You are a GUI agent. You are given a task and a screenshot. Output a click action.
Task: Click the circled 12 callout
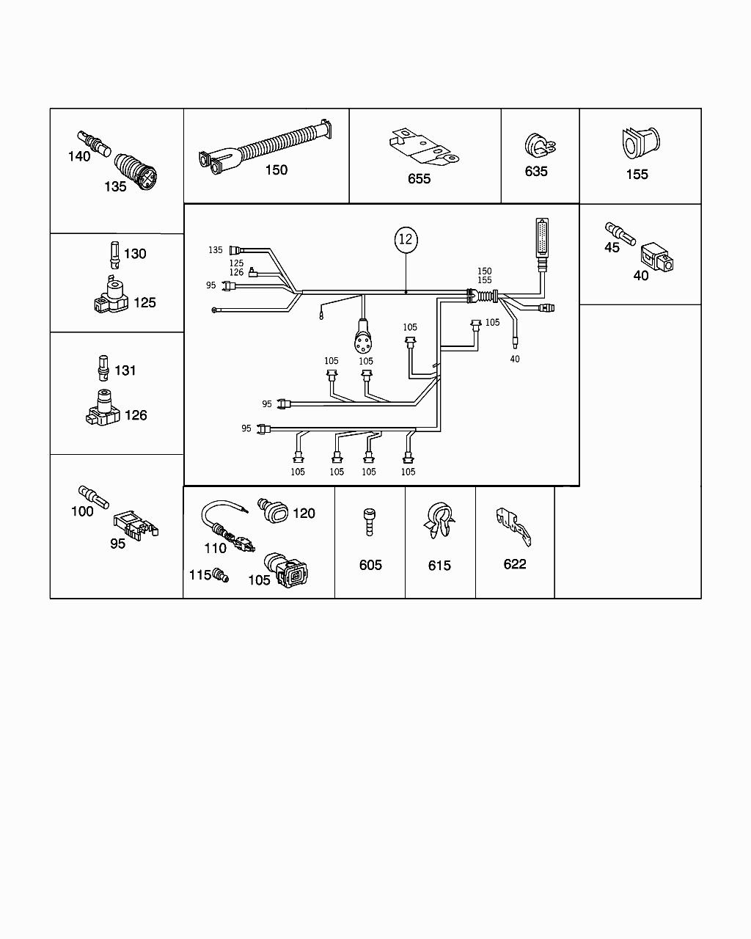406,239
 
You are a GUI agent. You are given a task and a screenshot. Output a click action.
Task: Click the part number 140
79,156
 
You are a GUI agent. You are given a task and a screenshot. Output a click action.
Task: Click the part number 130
135,254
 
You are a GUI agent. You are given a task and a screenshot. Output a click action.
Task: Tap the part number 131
125,370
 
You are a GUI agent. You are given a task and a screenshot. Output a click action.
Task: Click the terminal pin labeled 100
92,496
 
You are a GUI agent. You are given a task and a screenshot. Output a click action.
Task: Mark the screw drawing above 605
370,522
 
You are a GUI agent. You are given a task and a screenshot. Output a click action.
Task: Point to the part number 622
515,564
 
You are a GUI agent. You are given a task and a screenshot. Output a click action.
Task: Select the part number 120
304,514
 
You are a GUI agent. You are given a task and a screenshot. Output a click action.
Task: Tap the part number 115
200,575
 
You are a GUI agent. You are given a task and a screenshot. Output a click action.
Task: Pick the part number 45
612,248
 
